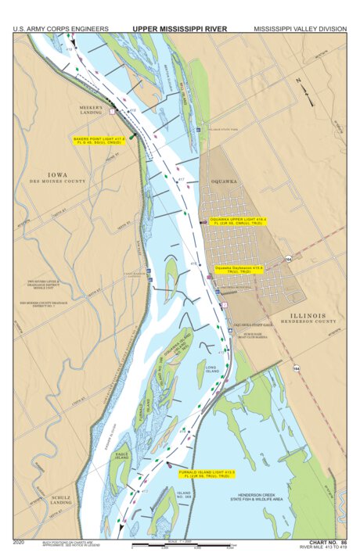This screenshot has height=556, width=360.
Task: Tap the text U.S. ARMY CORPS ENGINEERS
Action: (x=60, y=29)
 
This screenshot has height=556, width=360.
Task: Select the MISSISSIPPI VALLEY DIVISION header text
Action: (x=300, y=29)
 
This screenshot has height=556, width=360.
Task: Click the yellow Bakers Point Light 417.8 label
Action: (x=99, y=141)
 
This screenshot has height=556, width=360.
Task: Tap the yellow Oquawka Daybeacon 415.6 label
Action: (x=239, y=268)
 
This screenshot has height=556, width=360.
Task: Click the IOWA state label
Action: (x=58, y=174)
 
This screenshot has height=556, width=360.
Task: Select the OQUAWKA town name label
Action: (x=224, y=180)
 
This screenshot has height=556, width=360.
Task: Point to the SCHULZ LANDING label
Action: (x=62, y=500)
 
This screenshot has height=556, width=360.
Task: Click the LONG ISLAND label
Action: (x=211, y=368)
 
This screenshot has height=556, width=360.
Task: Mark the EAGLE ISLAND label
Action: (x=121, y=455)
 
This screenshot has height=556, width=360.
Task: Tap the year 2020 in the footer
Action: (x=20, y=540)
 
